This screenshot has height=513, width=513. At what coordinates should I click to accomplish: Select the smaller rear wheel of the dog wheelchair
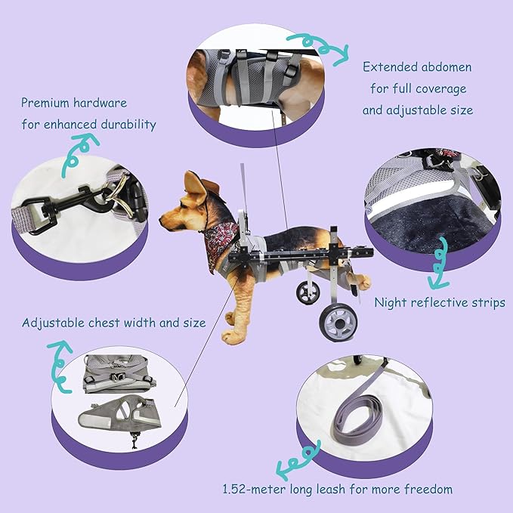(x=308, y=292)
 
